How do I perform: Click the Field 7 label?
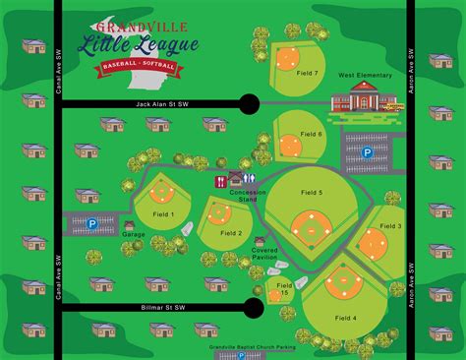pos(308,74)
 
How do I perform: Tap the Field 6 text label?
pos(312,134)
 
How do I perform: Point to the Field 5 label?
pos(313,192)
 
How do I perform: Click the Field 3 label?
pos(390,226)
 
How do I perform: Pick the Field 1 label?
pos(163,213)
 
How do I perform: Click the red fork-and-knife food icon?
pos(218,180)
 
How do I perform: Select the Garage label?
pos(134,234)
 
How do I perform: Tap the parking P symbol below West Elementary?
pos(366,152)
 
